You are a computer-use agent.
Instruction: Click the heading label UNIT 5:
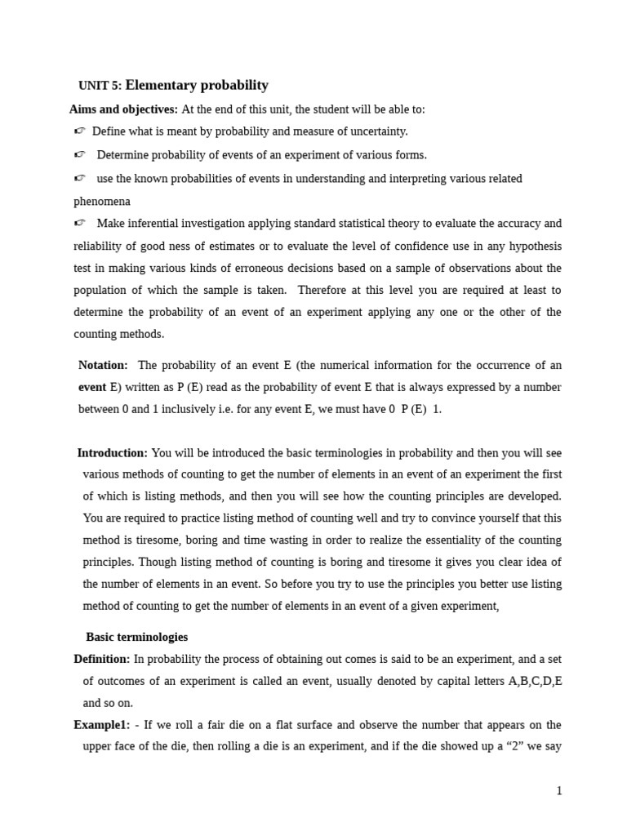point(100,86)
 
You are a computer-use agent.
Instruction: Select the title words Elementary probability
point(197,85)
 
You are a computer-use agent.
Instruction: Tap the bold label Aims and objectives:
point(123,109)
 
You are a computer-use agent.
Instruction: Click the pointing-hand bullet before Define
point(79,131)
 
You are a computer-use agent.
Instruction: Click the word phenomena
point(102,201)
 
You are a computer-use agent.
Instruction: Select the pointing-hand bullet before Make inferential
point(79,224)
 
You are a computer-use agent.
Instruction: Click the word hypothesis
point(531,246)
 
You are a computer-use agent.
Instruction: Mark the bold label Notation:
point(103,365)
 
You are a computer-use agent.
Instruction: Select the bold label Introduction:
point(113,453)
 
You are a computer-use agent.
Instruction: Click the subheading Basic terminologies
point(136,637)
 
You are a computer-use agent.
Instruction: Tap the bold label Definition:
point(102,659)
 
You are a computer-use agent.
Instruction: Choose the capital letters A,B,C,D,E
point(536,681)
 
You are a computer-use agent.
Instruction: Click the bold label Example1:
point(101,725)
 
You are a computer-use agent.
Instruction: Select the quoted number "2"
point(516,747)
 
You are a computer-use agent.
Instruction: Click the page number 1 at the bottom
point(559,791)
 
